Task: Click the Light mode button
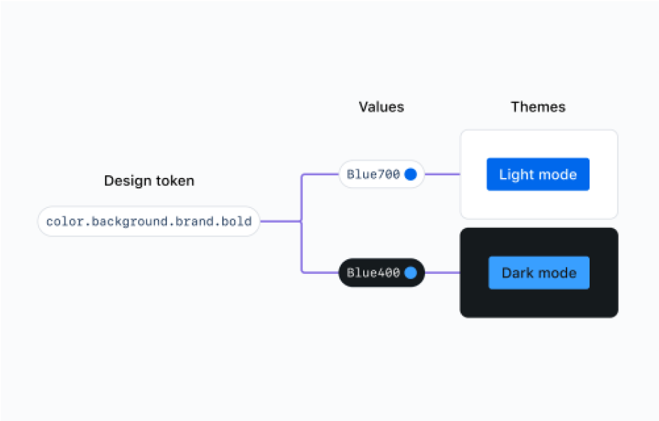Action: point(538,174)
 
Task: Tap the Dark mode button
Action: point(539,272)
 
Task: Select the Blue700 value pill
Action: point(381,174)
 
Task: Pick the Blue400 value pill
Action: point(381,272)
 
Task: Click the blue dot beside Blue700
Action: point(411,174)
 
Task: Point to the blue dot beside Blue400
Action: point(411,272)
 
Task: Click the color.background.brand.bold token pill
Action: point(149,221)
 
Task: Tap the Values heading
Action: point(381,107)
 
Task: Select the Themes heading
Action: point(538,107)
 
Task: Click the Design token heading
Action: point(149,181)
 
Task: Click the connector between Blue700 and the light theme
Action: point(442,174)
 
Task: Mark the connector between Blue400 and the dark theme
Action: point(442,272)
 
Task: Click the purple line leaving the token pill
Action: point(280,221)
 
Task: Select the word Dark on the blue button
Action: point(517,272)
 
